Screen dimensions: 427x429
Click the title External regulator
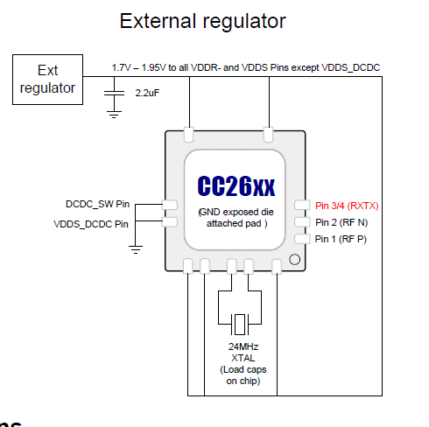202,20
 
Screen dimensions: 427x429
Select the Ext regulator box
47,79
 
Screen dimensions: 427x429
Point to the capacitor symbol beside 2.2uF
114,91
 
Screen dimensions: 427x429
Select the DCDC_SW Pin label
97,205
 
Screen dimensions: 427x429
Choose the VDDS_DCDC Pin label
92,223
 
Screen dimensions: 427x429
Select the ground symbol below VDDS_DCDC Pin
136,249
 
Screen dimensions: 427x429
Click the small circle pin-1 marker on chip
295,259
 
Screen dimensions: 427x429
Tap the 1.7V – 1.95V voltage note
245,66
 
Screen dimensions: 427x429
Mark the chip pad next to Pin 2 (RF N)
302,222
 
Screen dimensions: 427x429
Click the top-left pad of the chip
189,136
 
